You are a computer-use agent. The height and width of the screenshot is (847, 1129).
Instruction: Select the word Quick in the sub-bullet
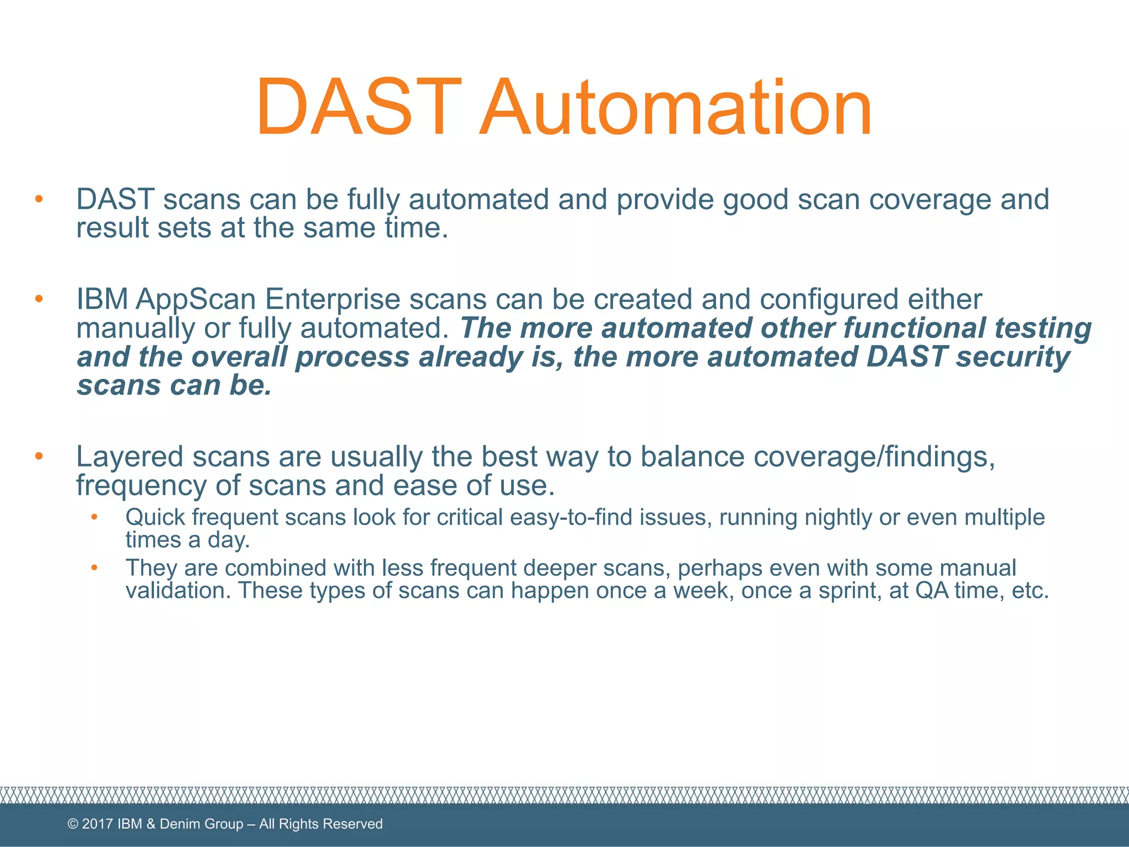pyautogui.click(x=155, y=518)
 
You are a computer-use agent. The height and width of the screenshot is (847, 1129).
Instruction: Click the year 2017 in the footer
pyautogui.click(x=98, y=824)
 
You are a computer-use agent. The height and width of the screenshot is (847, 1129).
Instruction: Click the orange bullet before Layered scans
pyautogui.click(x=39, y=456)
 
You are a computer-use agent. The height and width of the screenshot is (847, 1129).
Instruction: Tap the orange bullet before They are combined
pyautogui.click(x=94, y=567)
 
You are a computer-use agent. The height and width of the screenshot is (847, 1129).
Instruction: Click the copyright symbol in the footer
pyautogui.click(x=73, y=824)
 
